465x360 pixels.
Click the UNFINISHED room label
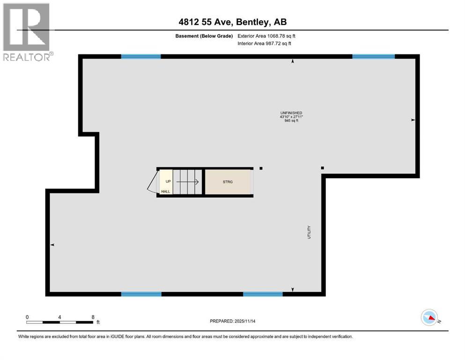[291, 113]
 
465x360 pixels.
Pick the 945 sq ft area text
[291, 121]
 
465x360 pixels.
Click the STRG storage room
[228, 182]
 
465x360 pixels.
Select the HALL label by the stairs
[166, 191]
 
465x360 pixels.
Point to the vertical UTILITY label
[309, 233]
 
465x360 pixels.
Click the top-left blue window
[141, 57]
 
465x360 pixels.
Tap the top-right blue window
[373, 57]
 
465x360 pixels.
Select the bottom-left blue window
[141, 294]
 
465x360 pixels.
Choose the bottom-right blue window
[263, 294]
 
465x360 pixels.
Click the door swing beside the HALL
[152, 183]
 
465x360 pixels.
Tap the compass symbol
[429, 318]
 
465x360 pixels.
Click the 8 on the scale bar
[93, 317]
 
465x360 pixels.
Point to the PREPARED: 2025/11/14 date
[233, 321]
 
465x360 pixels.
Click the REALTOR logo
[27, 32]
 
